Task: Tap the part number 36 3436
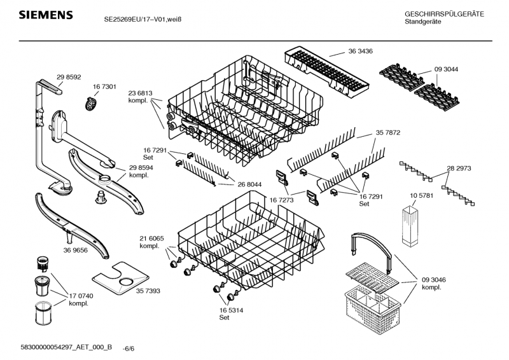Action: [359, 50]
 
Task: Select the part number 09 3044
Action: [446, 68]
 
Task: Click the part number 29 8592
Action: [69, 76]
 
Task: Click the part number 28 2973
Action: [459, 169]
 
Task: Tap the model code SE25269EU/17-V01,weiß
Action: [143, 19]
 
